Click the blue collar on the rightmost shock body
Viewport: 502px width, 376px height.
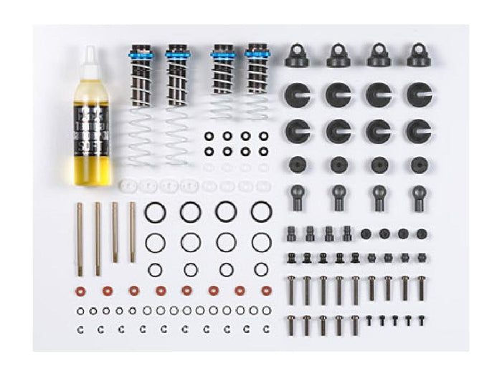tap(257, 53)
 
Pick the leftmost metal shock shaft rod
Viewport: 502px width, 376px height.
tap(80, 238)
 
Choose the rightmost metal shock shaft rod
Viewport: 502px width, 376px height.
tap(133, 231)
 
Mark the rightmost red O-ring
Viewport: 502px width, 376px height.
tap(267, 291)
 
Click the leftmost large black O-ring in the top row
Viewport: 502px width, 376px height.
tap(155, 212)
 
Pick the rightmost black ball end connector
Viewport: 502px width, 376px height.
tap(418, 196)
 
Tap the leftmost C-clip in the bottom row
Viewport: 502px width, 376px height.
tap(79, 329)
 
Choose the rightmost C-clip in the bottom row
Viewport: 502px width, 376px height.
tap(267, 329)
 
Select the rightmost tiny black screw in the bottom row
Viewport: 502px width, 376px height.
tap(421, 320)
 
